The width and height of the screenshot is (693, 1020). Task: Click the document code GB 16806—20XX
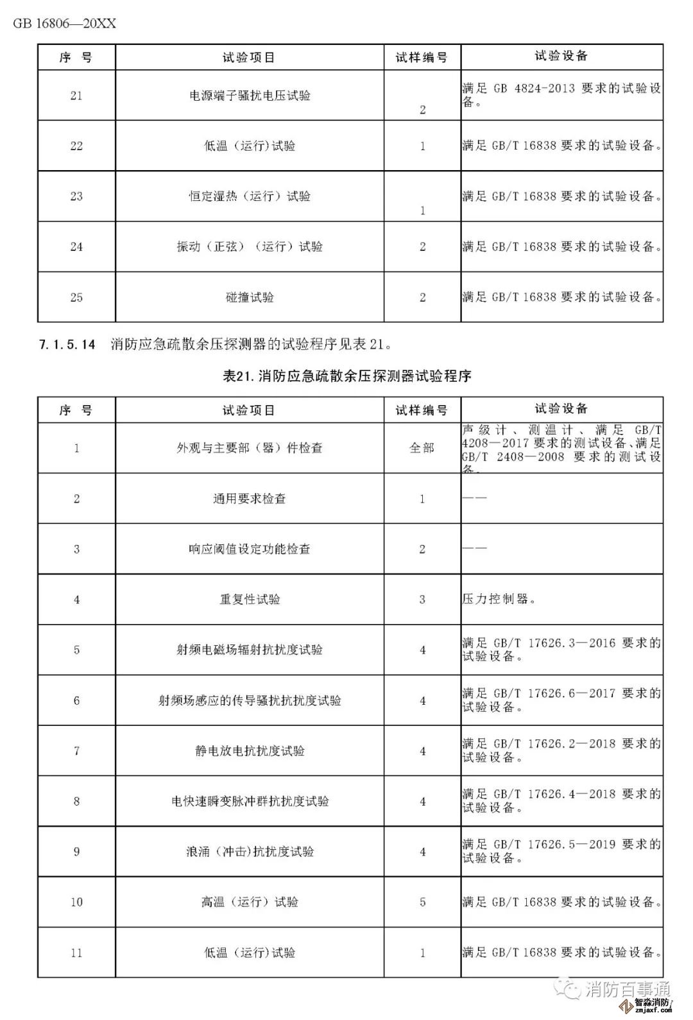(x=64, y=24)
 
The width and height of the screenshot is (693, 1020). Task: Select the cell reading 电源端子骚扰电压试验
(x=250, y=96)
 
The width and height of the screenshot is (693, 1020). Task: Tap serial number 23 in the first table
(x=76, y=196)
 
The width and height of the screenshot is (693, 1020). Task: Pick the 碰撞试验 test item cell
(x=250, y=297)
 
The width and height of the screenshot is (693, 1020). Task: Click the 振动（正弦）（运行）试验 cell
(x=250, y=246)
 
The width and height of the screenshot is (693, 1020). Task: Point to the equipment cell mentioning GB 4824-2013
(x=561, y=95)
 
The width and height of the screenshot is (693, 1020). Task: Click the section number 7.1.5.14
(x=67, y=345)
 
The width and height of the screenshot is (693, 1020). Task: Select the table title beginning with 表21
(x=346, y=376)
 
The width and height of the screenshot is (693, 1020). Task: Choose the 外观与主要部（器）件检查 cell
(x=250, y=448)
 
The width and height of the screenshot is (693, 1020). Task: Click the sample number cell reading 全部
(x=422, y=448)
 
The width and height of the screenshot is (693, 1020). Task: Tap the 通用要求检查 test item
(x=250, y=499)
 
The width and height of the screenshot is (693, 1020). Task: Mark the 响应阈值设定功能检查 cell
(x=250, y=549)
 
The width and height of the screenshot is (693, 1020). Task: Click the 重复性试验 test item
(x=250, y=600)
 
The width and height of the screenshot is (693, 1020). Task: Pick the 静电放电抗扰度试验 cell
(x=250, y=751)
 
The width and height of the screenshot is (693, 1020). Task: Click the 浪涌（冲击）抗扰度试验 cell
(x=250, y=852)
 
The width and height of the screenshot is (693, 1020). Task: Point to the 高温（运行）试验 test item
(x=250, y=902)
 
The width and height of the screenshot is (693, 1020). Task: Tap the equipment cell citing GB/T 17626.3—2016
(x=561, y=650)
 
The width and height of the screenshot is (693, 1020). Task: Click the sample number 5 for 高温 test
(x=422, y=902)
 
